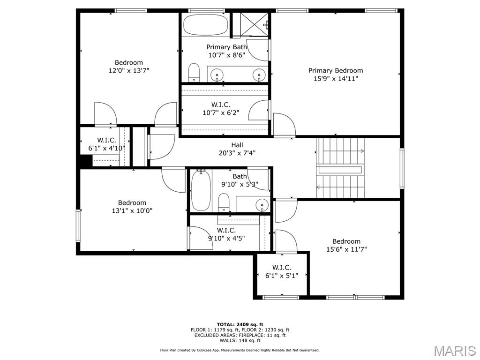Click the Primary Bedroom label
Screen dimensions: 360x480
pyautogui.click(x=335, y=70)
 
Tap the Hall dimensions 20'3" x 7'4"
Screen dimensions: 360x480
pyautogui.click(x=237, y=153)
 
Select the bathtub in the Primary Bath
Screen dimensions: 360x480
pyautogui.click(x=205, y=24)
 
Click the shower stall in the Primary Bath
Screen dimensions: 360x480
pyautogui.click(x=251, y=24)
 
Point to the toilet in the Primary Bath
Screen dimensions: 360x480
pyautogui.click(x=194, y=73)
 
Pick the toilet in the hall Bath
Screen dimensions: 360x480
pyautogui.click(x=224, y=202)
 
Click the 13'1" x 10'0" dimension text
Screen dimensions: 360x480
pyautogui.click(x=132, y=211)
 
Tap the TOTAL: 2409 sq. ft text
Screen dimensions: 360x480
pyautogui.click(x=240, y=324)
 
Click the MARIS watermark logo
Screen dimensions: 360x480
pyautogui.click(x=454, y=350)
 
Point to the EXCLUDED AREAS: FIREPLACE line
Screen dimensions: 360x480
pyautogui.click(x=240, y=335)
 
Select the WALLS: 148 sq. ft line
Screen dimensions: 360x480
pyautogui.click(x=240, y=341)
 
